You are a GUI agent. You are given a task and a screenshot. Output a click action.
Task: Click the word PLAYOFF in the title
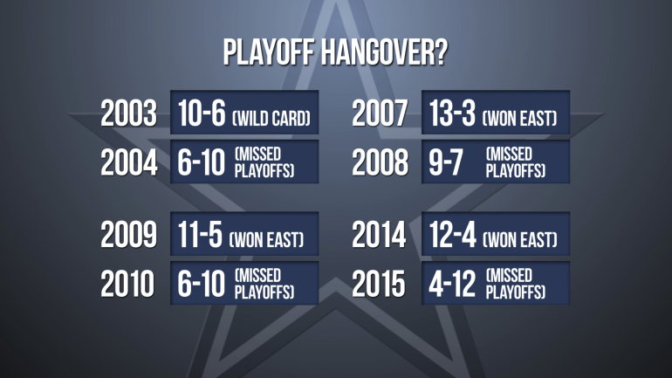pyautogui.click(x=269, y=52)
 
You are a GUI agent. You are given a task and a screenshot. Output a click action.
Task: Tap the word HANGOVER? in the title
pyautogui.click(x=384, y=52)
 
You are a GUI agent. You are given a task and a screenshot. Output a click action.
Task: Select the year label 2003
pyautogui.click(x=128, y=113)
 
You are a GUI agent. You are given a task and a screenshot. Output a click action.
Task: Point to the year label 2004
pyautogui.click(x=128, y=163)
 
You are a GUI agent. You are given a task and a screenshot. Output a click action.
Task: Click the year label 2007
pyautogui.click(x=380, y=113)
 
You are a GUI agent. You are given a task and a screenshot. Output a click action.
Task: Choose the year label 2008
pyautogui.click(x=380, y=163)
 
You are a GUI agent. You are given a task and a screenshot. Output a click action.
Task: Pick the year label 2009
pyautogui.click(x=128, y=235)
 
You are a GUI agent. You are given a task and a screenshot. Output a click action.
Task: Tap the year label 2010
pyautogui.click(x=127, y=284)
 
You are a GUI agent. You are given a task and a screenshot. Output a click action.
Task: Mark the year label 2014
pyautogui.click(x=379, y=235)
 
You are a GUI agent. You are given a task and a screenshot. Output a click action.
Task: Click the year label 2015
pyautogui.click(x=379, y=284)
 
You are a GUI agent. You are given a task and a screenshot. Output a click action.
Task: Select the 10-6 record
pyautogui.click(x=202, y=113)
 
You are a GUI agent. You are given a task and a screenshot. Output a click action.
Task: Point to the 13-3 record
pyautogui.click(x=452, y=113)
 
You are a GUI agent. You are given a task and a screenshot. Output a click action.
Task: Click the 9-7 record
pyautogui.click(x=446, y=163)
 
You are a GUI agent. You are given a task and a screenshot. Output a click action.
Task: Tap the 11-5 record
pyautogui.click(x=200, y=235)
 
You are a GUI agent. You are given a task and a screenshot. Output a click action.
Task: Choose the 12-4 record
pyautogui.click(x=453, y=235)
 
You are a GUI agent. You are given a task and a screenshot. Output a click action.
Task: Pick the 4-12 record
pyautogui.click(x=452, y=284)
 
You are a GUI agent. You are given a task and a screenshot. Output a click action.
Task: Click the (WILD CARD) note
pyautogui.click(x=271, y=118)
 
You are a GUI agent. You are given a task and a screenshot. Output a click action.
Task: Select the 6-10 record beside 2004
pyautogui.click(x=201, y=163)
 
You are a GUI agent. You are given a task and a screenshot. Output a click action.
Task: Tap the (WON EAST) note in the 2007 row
pyautogui.click(x=519, y=118)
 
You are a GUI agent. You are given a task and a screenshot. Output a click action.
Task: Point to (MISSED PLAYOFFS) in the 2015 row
pyautogui.click(x=516, y=284)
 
